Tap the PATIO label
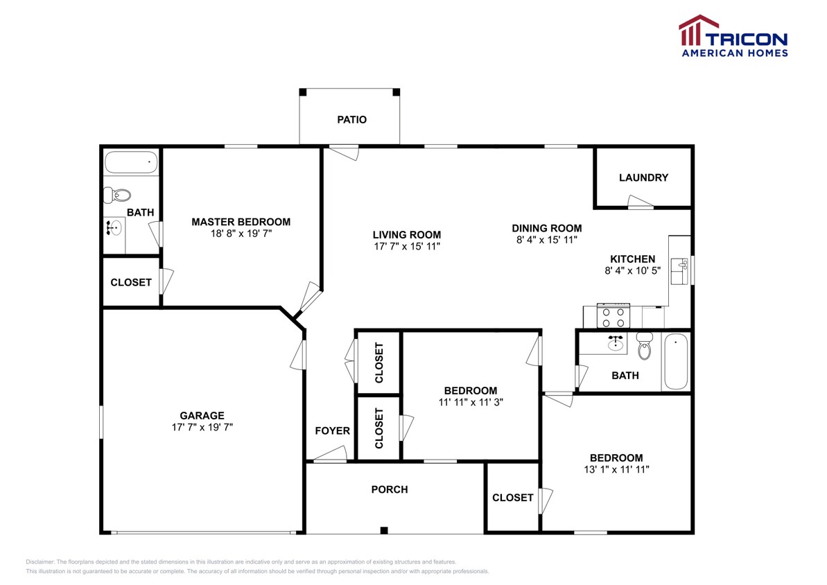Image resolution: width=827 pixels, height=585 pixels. point(351,119)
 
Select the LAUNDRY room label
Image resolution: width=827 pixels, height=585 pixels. point(643,177)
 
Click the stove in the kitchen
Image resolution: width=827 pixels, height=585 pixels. point(613,316)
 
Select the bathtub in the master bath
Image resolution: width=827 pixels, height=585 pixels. point(131,163)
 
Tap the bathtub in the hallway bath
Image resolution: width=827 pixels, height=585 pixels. point(675,362)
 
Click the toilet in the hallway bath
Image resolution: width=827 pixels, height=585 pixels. point(645,347)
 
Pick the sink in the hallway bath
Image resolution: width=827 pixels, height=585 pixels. point(614,342)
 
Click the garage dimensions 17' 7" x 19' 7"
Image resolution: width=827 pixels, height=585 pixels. point(202,427)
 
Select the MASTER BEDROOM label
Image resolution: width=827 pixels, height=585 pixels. point(241,222)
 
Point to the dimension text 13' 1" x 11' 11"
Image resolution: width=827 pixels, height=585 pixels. point(616,469)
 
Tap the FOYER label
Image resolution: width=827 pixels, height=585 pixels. point(332,430)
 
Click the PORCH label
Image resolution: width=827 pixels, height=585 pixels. point(389,489)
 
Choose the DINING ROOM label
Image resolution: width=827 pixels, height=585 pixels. point(546,228)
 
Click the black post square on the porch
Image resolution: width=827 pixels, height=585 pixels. point(383,530)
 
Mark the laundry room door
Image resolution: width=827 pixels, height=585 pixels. point(641,202)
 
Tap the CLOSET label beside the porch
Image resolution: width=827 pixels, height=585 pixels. point(512,497)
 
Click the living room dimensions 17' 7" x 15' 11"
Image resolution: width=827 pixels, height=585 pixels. point(406,246)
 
